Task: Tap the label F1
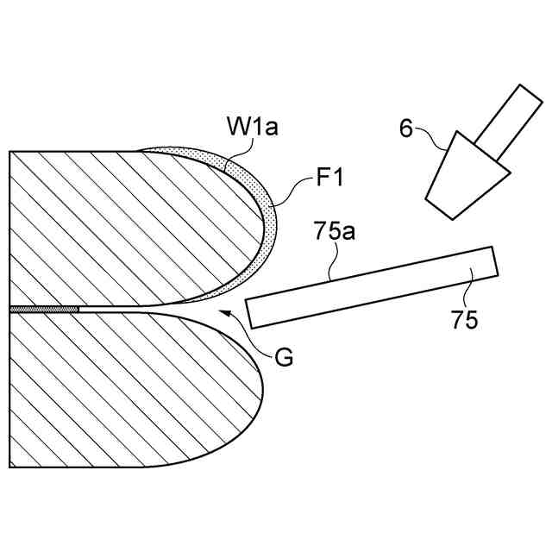[330, 180]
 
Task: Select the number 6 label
[406, 129]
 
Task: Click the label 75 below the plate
[464, 320]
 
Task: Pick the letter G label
[282, 355]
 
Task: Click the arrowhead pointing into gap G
[224, 311]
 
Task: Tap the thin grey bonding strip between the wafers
[43, 308]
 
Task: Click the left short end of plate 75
[250, 313]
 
